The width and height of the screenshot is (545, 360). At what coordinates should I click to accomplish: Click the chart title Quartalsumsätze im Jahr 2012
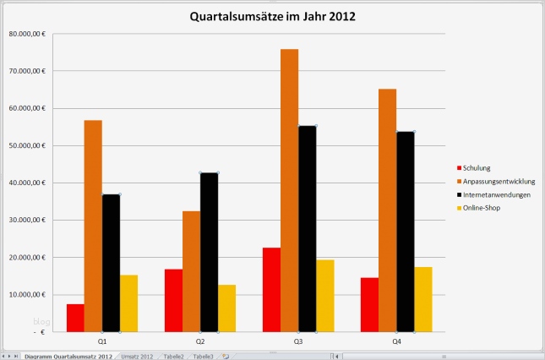[x=271, y=16]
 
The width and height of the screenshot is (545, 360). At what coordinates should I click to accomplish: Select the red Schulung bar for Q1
[x=75, y=317]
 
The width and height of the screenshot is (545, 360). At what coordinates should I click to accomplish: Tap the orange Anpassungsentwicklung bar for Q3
[x=290, y=190]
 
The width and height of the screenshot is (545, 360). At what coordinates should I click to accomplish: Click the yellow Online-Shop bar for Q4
[x=423, y=299]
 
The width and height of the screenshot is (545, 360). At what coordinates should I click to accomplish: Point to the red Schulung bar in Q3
[x=272, y=289]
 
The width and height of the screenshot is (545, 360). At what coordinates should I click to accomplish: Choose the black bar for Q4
[x=406, y=231]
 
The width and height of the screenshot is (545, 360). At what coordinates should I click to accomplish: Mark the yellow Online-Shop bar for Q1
[x=128, y=303]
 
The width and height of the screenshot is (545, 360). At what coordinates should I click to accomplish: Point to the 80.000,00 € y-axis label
[x=27, y=34]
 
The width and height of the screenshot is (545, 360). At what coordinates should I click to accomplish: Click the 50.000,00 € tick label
[x=27, y=145]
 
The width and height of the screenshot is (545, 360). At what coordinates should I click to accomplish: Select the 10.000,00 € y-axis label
[x=27, y=294]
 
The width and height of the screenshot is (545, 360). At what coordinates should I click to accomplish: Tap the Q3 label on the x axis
[x=298, y=341]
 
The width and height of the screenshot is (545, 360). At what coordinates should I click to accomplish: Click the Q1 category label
[x=101, y=341]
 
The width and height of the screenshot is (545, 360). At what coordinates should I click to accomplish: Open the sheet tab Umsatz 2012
[x=137, y=357]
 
